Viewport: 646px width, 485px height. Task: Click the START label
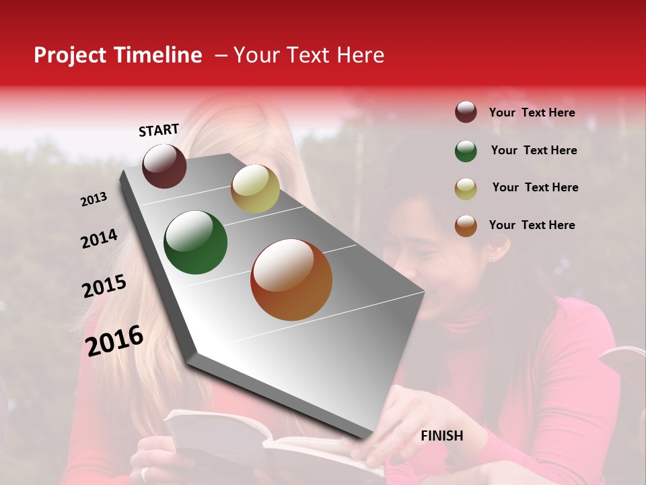point(159,130)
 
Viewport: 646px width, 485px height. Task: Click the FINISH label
point(442,436)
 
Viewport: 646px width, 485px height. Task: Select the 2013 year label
point(94,199)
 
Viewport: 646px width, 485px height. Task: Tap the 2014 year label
point(99,239)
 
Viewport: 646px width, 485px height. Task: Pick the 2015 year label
point(104,286)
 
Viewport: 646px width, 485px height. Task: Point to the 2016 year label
point(114,341)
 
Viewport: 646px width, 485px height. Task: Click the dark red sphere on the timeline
point(164,166)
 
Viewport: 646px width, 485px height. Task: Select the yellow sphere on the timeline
point(255,189)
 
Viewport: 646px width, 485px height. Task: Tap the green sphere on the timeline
point(195,243)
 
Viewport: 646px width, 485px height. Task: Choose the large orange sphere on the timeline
point(291,280)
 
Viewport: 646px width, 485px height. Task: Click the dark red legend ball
point(466,112)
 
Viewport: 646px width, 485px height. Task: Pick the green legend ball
point(466,151)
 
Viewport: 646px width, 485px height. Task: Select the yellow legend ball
point(466,188)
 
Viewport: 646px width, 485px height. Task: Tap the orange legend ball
point(466,226)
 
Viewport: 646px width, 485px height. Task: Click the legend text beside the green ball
point(534,150)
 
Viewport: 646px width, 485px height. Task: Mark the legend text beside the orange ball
point(532,225)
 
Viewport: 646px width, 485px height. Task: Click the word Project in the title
point(71,56)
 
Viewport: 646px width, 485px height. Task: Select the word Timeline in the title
point(158,55)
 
